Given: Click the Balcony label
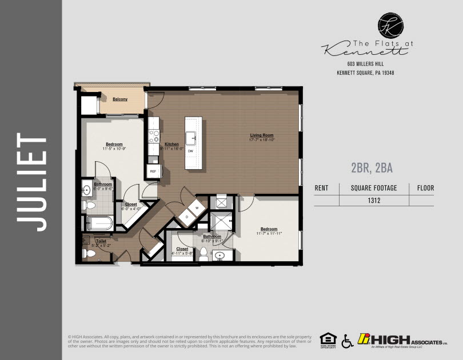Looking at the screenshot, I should [120, 99].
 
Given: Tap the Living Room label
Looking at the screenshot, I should [262, 135].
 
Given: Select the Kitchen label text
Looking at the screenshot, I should [172, 145].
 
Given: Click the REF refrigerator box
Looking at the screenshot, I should [153, 171].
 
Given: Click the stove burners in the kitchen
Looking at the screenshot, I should [154, 135].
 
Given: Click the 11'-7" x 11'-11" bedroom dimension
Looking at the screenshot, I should [269, 234].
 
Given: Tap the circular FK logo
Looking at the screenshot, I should [390, 25].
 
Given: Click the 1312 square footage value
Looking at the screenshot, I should [374, 201].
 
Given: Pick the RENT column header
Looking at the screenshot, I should [322, 187].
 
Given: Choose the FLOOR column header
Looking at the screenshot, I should [425, 187].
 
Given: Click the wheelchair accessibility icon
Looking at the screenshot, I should [347, 341].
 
